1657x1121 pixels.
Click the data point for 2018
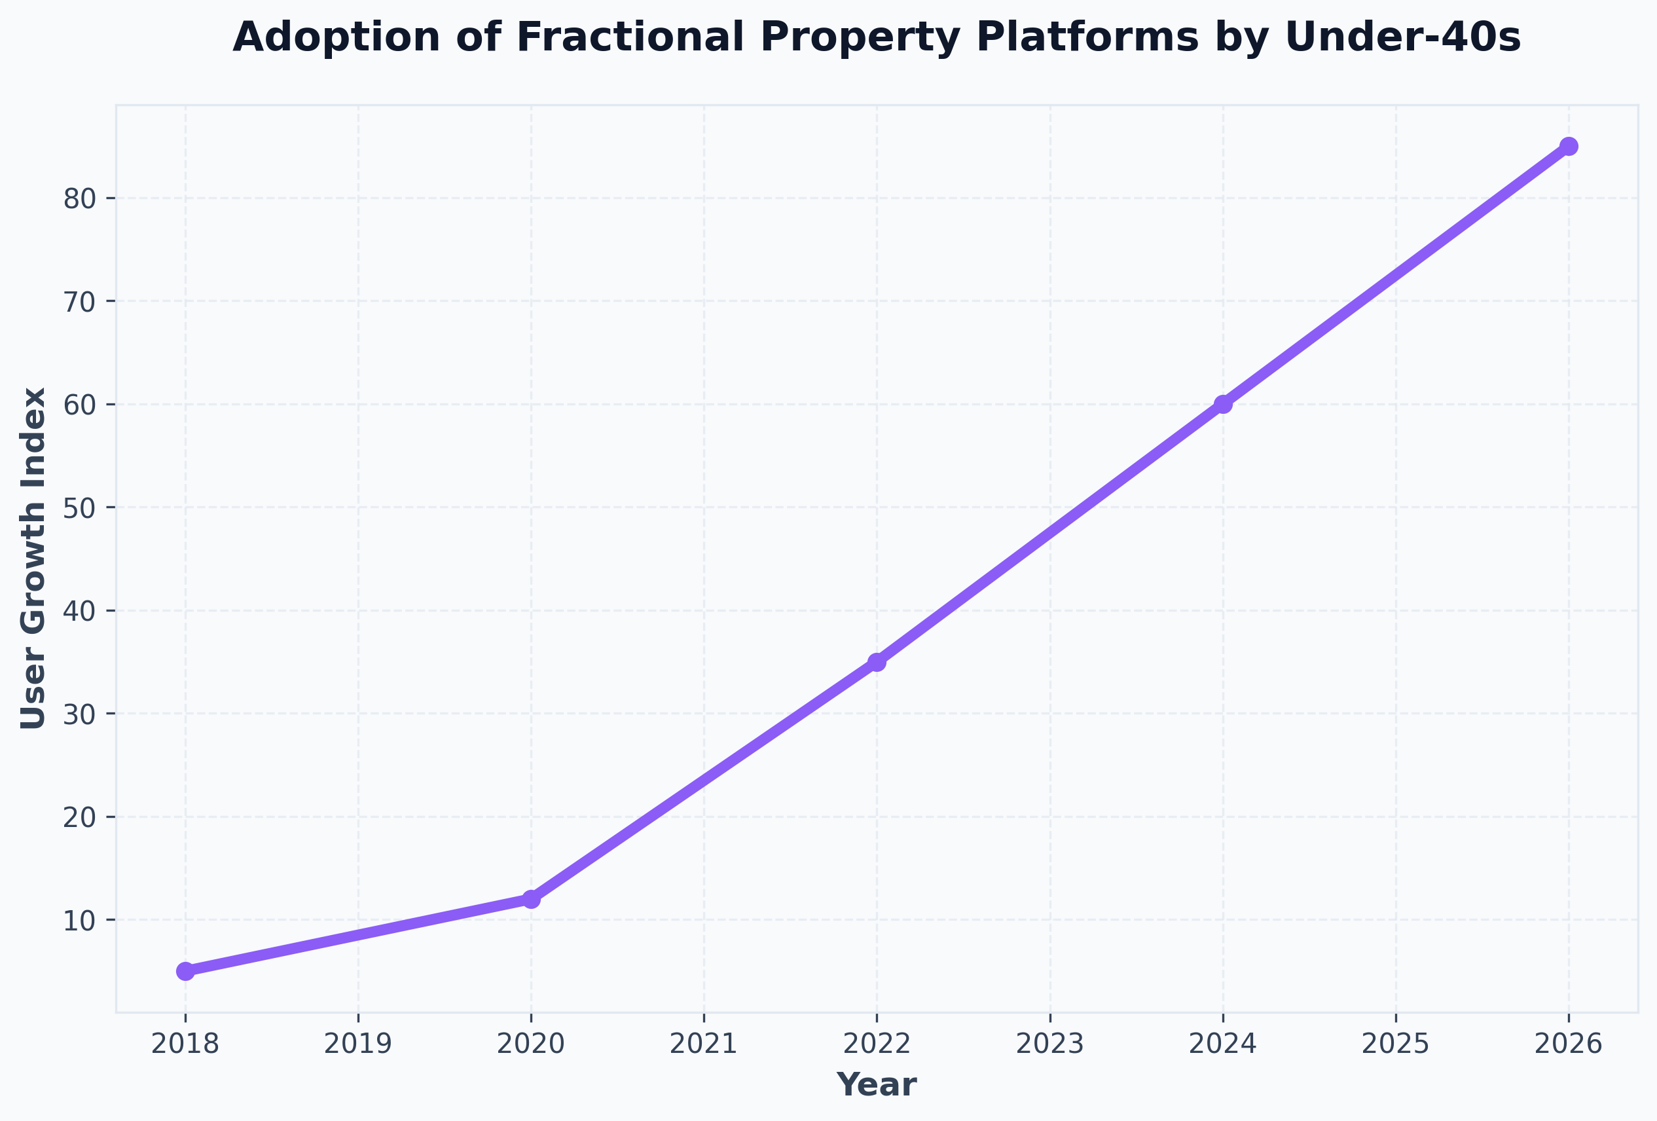tap(185, 971)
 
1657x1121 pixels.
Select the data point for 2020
tap(531, 899)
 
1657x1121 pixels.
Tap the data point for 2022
tap(877, 662)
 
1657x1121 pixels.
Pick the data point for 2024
tap(1223, 404)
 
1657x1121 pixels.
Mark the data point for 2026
tap(1569, 146)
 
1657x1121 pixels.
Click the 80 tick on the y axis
tap(80, 198)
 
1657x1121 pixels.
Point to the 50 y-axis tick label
tap(80, 507)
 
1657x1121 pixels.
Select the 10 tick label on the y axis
tap(80, 920)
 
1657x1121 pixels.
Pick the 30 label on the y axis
tap(80, 714)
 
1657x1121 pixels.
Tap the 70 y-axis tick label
tap(80, 302)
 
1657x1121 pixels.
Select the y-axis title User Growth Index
tap(33, 559)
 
